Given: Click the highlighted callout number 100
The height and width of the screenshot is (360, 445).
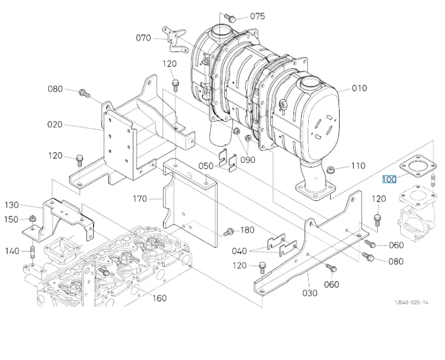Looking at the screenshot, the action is [389, 179].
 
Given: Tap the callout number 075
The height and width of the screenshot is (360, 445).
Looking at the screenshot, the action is [257, 16].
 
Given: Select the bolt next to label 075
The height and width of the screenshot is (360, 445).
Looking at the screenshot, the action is [230, 17].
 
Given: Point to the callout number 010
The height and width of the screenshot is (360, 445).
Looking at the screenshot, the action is [359, 88].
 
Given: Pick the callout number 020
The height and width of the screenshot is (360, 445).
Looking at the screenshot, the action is [55, 124].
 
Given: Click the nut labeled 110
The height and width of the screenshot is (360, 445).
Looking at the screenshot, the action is [330, 170].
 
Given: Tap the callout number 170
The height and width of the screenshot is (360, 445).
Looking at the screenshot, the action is [140, 199].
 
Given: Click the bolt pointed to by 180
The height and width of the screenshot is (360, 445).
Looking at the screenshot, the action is [228, 232].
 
